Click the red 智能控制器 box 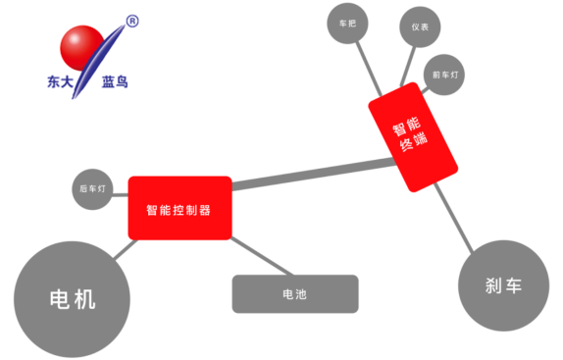click(179, 208)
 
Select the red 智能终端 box click(414, 136)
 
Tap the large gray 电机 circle click(73, 297)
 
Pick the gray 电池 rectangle click(294, 293)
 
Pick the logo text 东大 click(62, 82)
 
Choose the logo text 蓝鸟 click(116, 82)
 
